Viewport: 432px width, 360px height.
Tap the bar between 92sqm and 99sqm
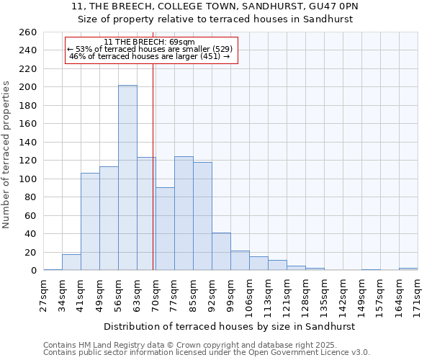[221, 251]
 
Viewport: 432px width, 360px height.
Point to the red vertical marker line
[153, 166]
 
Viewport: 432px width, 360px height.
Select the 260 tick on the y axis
[28, 32]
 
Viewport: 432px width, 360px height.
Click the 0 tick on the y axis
[33, 271]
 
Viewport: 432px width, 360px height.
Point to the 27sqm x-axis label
[43, 294]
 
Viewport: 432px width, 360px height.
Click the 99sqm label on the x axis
[230, 294]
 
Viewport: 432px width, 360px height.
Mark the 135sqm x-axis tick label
[324, 294]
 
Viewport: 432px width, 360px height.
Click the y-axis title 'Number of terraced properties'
[7, 155]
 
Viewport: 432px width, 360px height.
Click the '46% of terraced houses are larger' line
[149, 56]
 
